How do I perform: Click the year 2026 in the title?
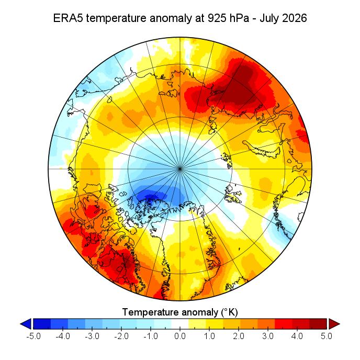pos(295,18)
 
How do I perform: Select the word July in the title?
pos(269,18)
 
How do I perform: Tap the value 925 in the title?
pos(216,18)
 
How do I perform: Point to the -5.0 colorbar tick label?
pos(33,336)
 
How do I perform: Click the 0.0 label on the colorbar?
pos(180,336)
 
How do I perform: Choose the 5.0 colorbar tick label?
pos(327,336)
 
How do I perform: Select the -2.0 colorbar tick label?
pos(121,336)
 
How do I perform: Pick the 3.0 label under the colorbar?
pos(268,336)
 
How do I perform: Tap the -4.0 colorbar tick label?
pos(63,336)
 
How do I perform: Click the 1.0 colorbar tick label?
pos(209,336)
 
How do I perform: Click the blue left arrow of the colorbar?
pos(26,324)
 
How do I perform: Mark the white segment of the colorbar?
pos(180,324)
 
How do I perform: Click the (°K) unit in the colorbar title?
pos(229,312)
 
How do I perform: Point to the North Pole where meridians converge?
pos(180,168)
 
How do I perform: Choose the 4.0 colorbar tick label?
pos(297,336)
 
